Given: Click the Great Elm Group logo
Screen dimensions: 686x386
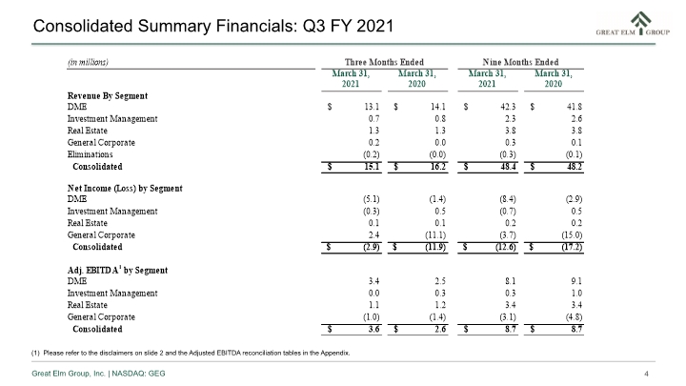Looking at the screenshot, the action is (x=633, y=24).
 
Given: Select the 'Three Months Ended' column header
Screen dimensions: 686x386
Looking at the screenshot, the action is (x=384, y=62).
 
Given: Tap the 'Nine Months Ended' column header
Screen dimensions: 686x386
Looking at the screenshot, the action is (x=520, y=62).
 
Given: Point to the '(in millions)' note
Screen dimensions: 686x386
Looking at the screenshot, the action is (x=88, y=62).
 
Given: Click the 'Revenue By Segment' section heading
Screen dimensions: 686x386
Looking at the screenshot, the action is (x=107, y=96).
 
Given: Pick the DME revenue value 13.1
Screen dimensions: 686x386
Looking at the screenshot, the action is (x=372, y=107).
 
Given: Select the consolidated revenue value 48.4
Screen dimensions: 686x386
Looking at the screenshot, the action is (x=508, y=167).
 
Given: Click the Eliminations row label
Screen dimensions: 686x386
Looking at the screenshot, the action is (x=90, y=154).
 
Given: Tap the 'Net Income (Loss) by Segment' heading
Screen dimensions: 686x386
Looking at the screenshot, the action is (x=125, y=188).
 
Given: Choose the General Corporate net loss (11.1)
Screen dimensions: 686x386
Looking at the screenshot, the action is (x=435, y=235).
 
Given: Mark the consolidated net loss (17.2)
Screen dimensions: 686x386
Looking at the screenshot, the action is (x=572, y=247).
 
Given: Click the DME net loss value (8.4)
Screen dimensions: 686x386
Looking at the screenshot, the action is (x=508, y=199).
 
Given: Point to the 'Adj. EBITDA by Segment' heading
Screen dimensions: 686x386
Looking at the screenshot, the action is (x=117, y=270).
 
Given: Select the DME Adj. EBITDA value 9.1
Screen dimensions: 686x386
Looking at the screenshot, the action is (x=576, y=281).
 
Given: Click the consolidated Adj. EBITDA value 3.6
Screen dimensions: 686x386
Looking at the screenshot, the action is (x=373, y=329).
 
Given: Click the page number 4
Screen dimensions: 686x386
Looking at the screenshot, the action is (x=646, y=374).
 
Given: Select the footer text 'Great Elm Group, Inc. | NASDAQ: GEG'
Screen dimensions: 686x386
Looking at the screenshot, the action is (x=98, y=374).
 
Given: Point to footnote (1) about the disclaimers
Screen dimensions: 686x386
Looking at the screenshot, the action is (x=191, y=353).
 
